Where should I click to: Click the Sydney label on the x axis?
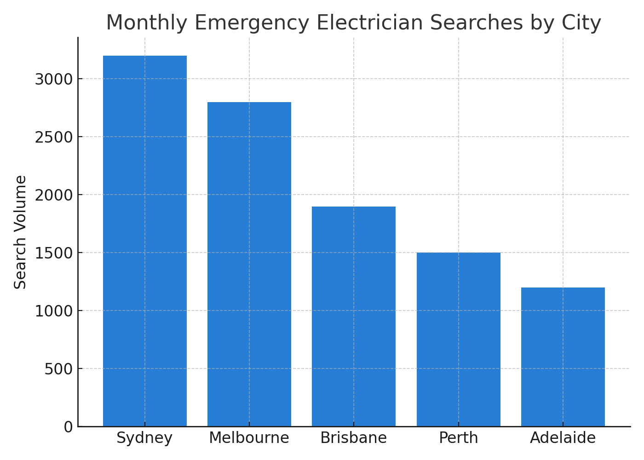144,438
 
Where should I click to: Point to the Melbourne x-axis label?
249,438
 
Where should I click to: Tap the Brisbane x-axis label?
353,438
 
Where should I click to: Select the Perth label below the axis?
458,438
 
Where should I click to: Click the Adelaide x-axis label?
563,438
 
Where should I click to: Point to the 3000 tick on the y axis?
54,79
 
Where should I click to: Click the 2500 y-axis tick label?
54,137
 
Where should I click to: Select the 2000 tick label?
54,195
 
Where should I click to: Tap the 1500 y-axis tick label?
54,253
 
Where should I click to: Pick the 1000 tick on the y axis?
54,311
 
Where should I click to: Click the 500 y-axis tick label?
59,369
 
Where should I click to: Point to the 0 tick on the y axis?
69,427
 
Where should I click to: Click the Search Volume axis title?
20,232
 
